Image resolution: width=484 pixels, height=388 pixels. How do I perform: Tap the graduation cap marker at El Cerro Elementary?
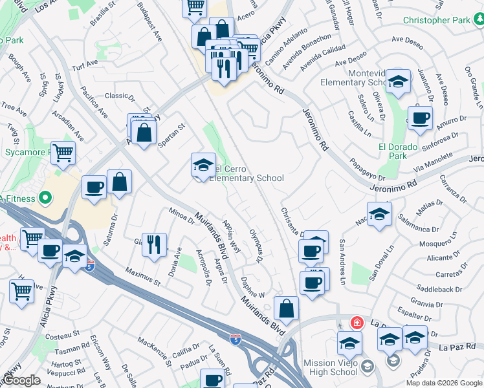[203, 166]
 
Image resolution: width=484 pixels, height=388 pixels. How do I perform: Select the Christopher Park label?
[436, 20]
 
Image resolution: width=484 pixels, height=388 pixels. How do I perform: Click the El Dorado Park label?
[393, 151]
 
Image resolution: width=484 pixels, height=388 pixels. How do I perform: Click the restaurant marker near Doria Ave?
[153, 244]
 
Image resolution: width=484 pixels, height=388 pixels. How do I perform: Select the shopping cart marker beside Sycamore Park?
[63, 154]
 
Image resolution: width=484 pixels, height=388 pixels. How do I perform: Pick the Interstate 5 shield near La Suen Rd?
[237, 338]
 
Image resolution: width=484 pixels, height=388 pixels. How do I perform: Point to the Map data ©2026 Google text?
[444, 382]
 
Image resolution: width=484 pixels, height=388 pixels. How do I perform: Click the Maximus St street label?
[143, 277]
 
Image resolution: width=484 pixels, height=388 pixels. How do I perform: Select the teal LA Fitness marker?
[46, 197]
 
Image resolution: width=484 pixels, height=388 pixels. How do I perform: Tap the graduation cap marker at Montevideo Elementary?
[399, 81]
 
